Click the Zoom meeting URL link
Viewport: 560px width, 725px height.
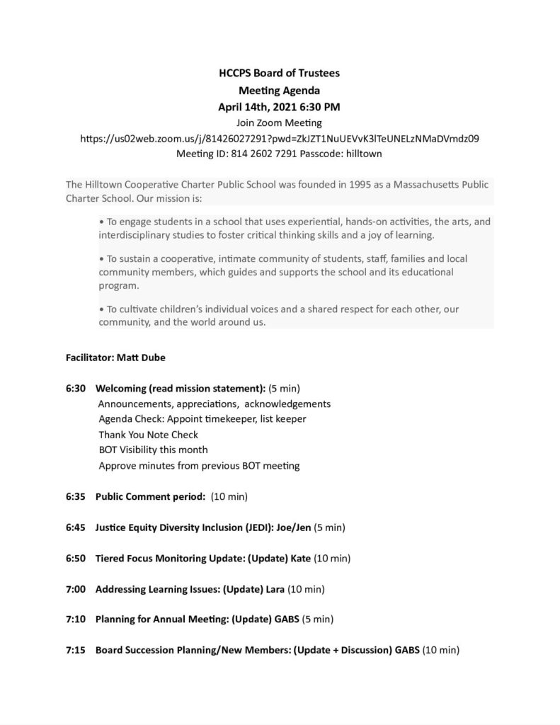[280, 139]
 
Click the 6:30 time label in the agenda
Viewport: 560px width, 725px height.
[76, 388]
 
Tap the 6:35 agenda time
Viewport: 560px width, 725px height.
[76, 496]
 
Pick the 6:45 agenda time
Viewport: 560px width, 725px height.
[76, 527]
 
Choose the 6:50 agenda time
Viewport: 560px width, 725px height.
[76, 558]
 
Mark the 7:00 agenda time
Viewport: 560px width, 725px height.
[76, 589]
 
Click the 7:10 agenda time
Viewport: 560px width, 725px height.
[76, 620]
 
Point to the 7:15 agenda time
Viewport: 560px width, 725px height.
[76, 650]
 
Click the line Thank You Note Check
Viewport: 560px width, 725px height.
[149, 435]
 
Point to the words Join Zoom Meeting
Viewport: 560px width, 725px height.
[280, 123]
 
